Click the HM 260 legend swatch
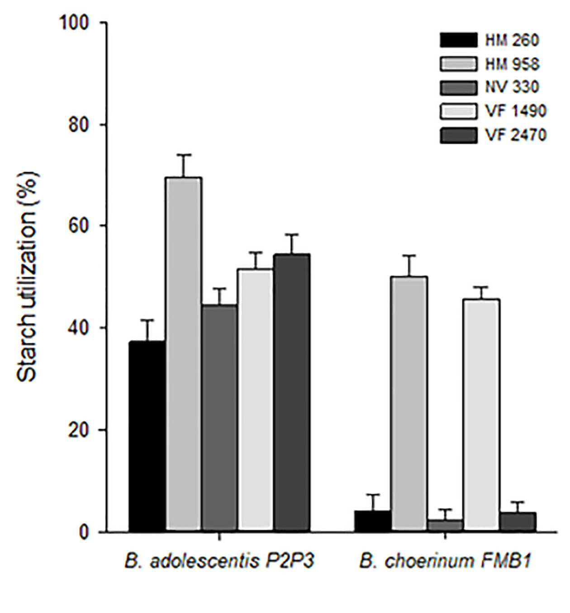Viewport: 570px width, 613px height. tap(459, 40)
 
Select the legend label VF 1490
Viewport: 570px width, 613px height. tap(516, 111)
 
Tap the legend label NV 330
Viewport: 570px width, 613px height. tap(512, 87)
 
